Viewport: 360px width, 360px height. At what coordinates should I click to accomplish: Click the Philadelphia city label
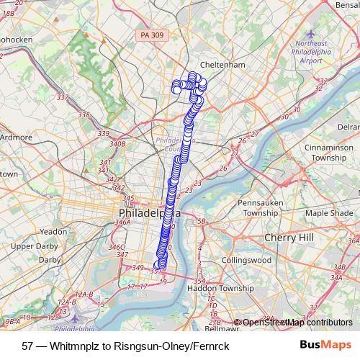144,215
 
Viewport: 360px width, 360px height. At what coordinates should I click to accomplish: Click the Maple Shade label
329,214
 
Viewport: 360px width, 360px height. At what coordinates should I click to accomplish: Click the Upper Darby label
35,247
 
